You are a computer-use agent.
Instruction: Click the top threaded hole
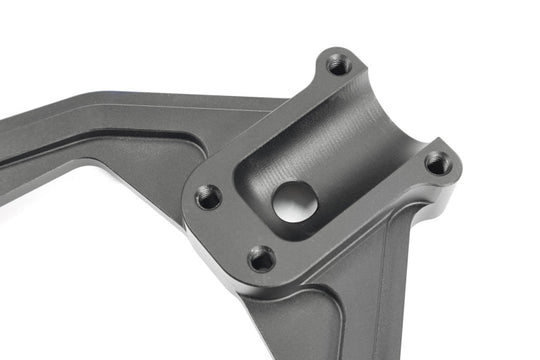[339, 65]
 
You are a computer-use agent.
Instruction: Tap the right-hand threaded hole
[437, 162]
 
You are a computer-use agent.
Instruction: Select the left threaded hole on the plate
[208, 197]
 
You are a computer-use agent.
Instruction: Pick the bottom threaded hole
[262, 259]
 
